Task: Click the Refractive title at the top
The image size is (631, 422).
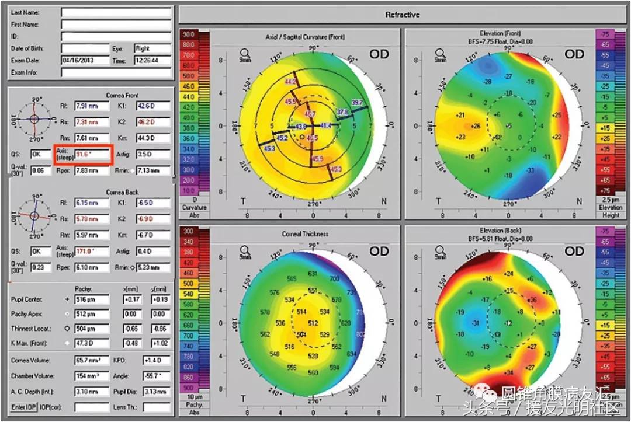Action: (x=403, y=15)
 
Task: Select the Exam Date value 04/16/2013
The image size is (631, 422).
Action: (x=85, y=60)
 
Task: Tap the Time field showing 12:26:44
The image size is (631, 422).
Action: (x=152, y=60)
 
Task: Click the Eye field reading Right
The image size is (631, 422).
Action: (x=152, y=48)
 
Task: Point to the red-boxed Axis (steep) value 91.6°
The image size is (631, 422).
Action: (x=91, y=155)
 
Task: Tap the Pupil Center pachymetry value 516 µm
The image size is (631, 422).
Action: (x=91, y=299)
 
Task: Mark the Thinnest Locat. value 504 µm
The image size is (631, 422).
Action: (x=91, y=328)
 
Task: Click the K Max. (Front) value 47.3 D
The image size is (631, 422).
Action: (x=91, y=343)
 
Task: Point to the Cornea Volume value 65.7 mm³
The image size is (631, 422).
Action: (x=91, y=361)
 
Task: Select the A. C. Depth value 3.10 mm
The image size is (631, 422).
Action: (x=91, y=391)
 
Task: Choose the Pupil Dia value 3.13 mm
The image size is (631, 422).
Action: (x=156, y=391)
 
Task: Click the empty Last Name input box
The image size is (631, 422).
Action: (x=116, y=12)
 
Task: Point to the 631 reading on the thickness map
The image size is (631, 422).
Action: (x=313, y=274)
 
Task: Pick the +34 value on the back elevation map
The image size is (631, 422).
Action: (x=493, y=372)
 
